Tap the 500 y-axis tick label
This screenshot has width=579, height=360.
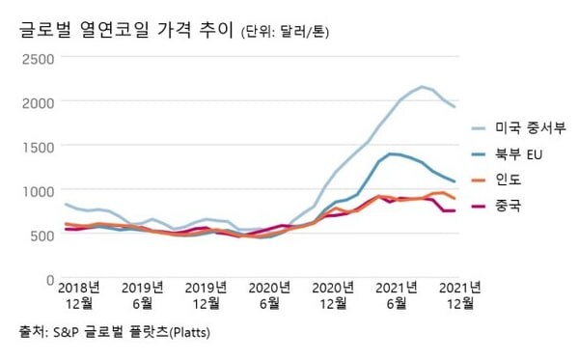[41, 235]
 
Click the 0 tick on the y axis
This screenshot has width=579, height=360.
[50, 279]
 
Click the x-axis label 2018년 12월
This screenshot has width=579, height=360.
[80, 295]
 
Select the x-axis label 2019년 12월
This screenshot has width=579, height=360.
[206, 295]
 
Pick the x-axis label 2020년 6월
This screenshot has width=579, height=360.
[269, 295]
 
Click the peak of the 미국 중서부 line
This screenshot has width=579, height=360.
[423, 87]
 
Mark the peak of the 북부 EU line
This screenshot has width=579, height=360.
[390, 153]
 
